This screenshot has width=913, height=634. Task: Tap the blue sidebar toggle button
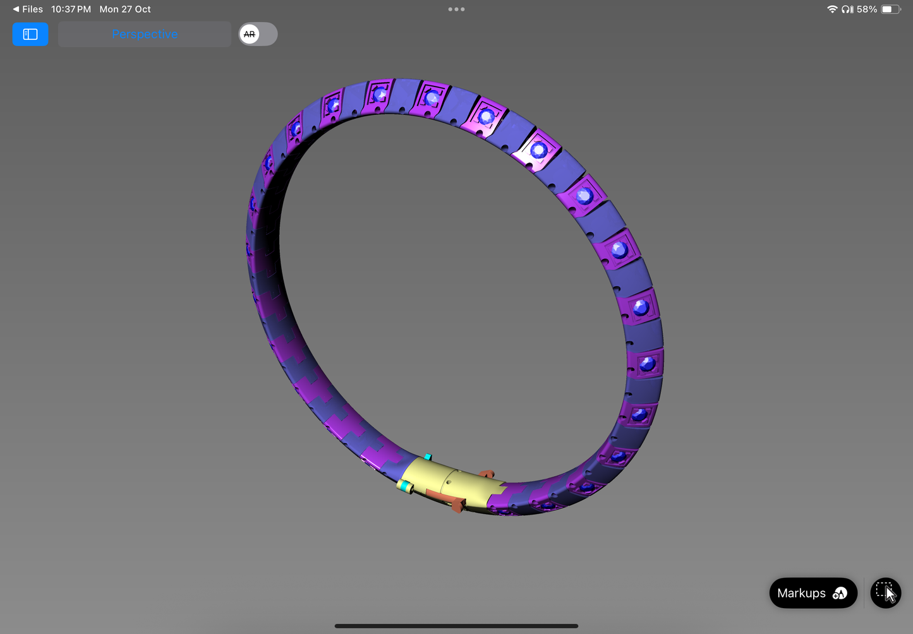tap(30, 34)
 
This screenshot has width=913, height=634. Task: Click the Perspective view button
tap(145, 34)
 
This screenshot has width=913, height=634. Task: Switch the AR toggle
tap(258, 34)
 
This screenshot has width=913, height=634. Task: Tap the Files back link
tap(28, 9)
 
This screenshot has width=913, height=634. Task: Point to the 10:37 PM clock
tap(71, 9)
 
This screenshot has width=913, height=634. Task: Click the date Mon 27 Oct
tap(125, 9)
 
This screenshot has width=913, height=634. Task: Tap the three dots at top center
tap(456, 9)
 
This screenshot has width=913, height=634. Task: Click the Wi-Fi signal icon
tap(832, 9)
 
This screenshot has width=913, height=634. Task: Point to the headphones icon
tap(847, 9)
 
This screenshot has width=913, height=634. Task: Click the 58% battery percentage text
tap(867, 9)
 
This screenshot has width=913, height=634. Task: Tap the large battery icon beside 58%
tap(891, 9)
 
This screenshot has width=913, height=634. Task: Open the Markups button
tap(813, 593)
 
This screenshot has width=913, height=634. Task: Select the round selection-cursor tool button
tap(886, 593)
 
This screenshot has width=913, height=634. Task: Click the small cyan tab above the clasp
tap(428, 457)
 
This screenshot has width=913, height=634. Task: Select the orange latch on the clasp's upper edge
tap(486, 474)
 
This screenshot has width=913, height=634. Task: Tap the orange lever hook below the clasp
tap(456, 505)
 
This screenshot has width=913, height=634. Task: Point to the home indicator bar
tap(456, 626)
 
